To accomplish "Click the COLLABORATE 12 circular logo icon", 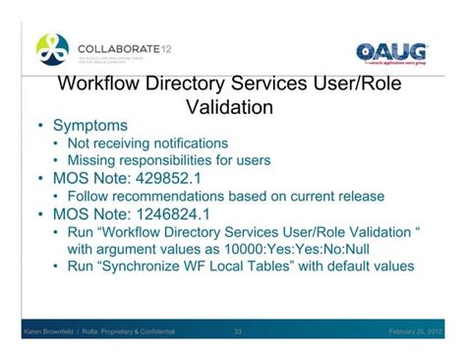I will point(52,48).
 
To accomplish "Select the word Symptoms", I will point(91,126).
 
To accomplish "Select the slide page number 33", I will point(238,332).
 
